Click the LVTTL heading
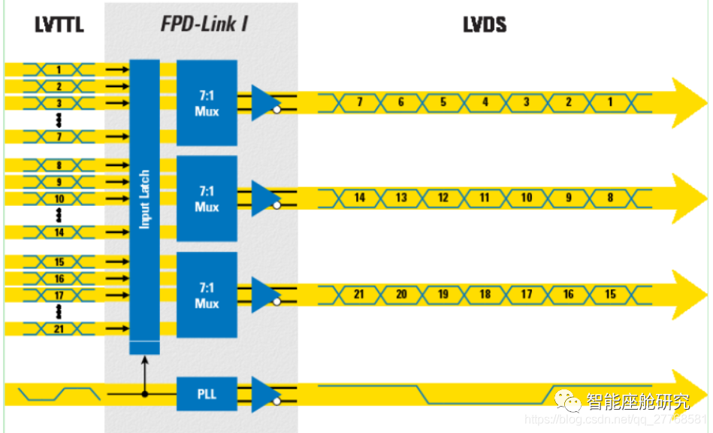[59, 24]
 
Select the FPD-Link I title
[204, 24]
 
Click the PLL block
[207, 393]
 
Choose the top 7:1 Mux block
[207, 103]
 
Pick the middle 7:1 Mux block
[207, 198]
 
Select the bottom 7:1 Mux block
[207, 295]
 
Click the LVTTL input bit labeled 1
[59, 70]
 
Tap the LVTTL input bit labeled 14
[59, 232]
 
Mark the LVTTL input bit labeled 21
[59, 329]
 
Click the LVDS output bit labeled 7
[359, 102]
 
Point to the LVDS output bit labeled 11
[485, 198]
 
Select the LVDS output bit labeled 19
[443, 294]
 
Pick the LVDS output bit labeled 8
[610, 198]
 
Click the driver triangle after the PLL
[263, 394]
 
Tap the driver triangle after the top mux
[263, 102]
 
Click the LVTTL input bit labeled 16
[59, 279]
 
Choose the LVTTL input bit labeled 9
[59, 182]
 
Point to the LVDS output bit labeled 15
[610, 294]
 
